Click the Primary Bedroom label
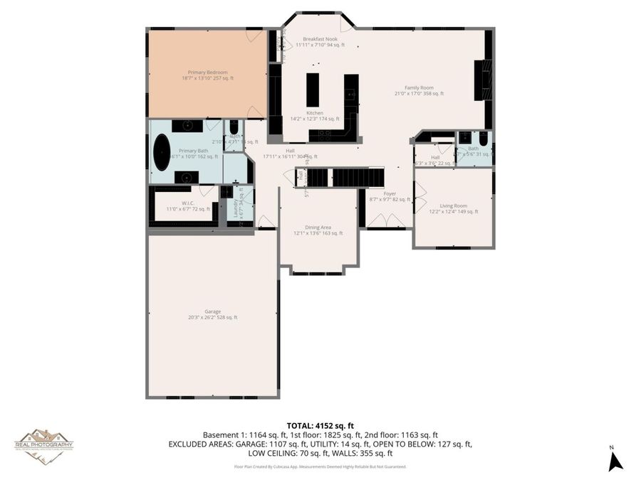207,73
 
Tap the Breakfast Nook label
319,39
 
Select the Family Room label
419,87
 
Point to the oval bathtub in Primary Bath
162,152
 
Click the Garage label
212,311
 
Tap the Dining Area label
318,228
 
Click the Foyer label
390,193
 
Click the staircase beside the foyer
349,177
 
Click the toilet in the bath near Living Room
482,139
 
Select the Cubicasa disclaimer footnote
320,467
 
